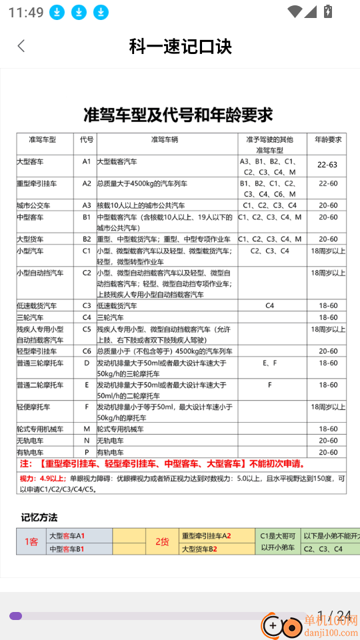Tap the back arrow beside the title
21,46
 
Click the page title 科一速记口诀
180,46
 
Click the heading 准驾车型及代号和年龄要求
178,115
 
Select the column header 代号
87,140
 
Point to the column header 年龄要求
328,140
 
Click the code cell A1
87,161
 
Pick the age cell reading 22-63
327,165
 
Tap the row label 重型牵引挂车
36,183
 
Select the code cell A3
87,205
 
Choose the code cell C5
87,329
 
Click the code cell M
87,429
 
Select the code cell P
87,452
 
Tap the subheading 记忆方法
39,517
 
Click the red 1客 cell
31,541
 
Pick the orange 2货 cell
163,541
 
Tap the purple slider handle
16,616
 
